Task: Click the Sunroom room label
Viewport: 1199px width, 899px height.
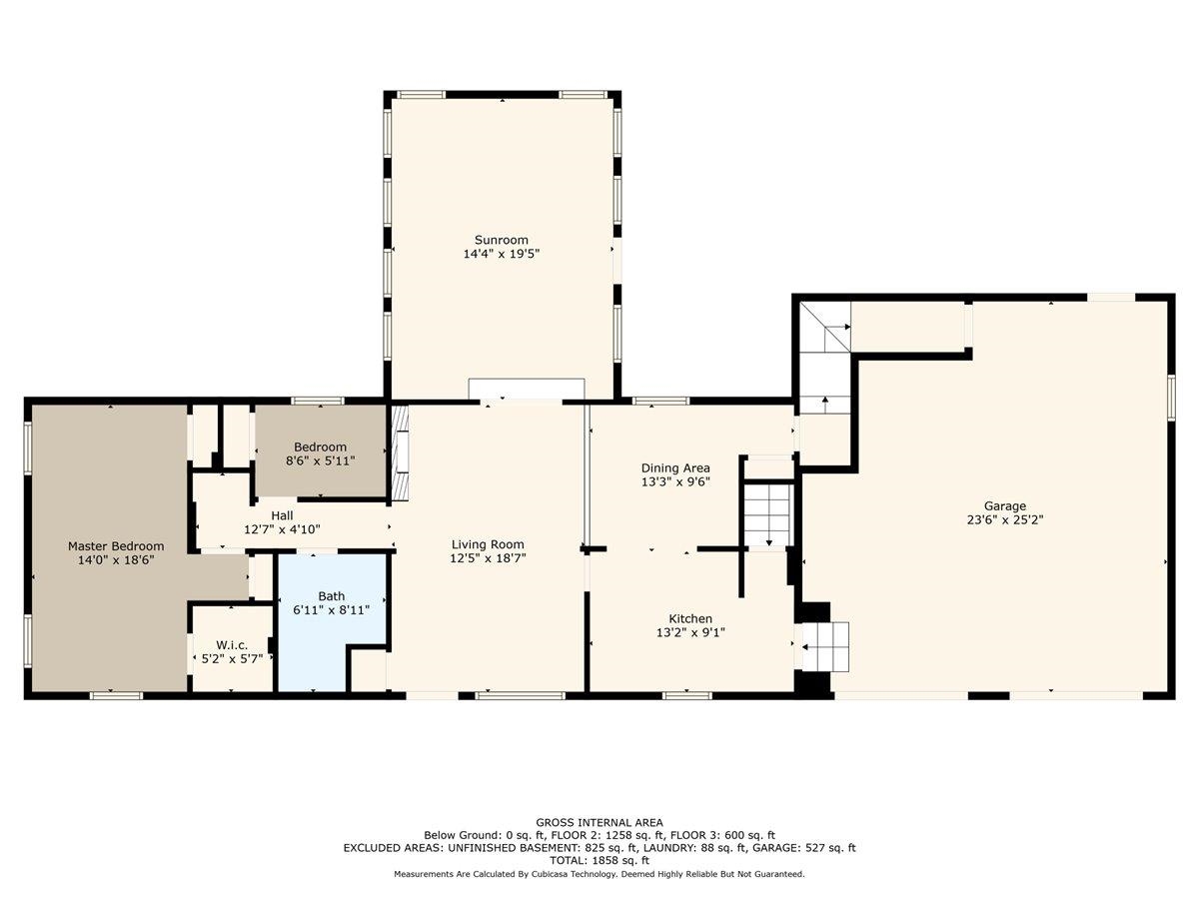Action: point(501,240)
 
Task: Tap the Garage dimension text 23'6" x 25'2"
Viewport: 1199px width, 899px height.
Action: point(1005,520)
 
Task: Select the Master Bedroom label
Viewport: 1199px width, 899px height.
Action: point(116,546)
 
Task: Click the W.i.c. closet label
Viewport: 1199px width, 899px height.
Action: point(232,645)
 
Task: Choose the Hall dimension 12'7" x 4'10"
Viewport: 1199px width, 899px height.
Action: point(282,529)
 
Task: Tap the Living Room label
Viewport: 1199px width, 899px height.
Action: point(488,544)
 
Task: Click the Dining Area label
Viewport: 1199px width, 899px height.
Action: point(675,467)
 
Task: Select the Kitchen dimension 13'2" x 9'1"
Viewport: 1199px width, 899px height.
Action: point(690,632)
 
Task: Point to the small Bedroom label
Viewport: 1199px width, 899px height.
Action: point(320,448)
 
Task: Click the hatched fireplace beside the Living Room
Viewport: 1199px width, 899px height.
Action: point(401,451)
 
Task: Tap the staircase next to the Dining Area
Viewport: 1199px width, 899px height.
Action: point(768,515)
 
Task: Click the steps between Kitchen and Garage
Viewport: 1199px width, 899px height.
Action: point(825,647)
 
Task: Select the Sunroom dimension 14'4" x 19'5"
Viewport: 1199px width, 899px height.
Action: point(502,254)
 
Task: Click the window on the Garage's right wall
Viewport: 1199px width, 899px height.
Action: point(1171,398)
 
